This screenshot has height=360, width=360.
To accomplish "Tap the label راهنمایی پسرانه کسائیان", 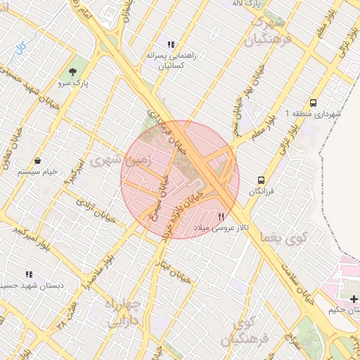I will [165, 59].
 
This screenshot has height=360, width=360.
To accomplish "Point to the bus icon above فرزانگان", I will [262, 180].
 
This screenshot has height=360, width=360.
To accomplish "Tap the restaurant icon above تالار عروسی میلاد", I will [222, 217].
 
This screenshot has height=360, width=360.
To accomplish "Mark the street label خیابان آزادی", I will [94, 205].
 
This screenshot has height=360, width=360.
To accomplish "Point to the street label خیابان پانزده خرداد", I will [184, 213].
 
